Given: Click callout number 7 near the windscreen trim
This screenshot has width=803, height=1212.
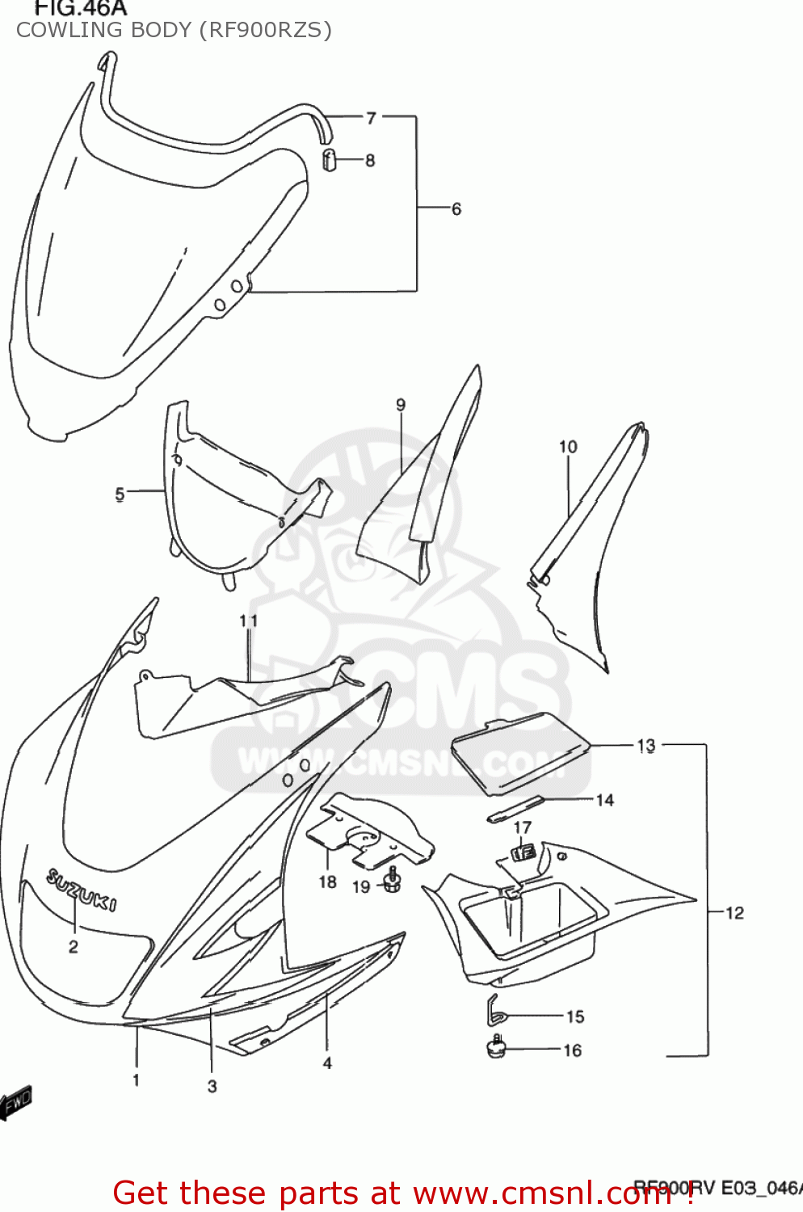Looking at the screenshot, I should [x=371, y=118].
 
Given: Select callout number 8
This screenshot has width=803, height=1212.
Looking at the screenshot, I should [x=370, y=160].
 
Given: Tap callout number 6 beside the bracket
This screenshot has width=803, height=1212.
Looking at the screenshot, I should [x=456, y=209].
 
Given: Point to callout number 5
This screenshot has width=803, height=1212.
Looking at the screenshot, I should [x=120, y=493].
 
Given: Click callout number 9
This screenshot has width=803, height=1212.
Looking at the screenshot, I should [x=401, y=405].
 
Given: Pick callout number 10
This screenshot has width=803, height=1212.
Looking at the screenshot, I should [x=568, y=446].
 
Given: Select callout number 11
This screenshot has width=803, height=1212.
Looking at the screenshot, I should [x=248, y=621].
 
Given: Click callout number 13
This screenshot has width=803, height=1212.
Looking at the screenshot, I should [x=646, y=745].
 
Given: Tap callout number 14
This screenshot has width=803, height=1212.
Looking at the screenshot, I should [x=605, y=800].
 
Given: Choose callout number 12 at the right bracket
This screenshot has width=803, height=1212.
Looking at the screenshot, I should [x=734, y=913].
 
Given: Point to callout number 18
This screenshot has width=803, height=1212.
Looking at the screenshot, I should [x=327, y=882].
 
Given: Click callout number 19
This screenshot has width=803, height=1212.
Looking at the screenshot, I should [x=361, y=886].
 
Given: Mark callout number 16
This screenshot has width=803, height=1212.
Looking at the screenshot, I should [x=573, y=1050].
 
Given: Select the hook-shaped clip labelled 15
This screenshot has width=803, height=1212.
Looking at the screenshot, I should [x=495, y=1010].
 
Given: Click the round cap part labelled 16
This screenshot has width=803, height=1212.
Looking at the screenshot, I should [x=494, y=1049].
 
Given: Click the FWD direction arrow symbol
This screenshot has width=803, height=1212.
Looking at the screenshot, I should [x=16, y=1100].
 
